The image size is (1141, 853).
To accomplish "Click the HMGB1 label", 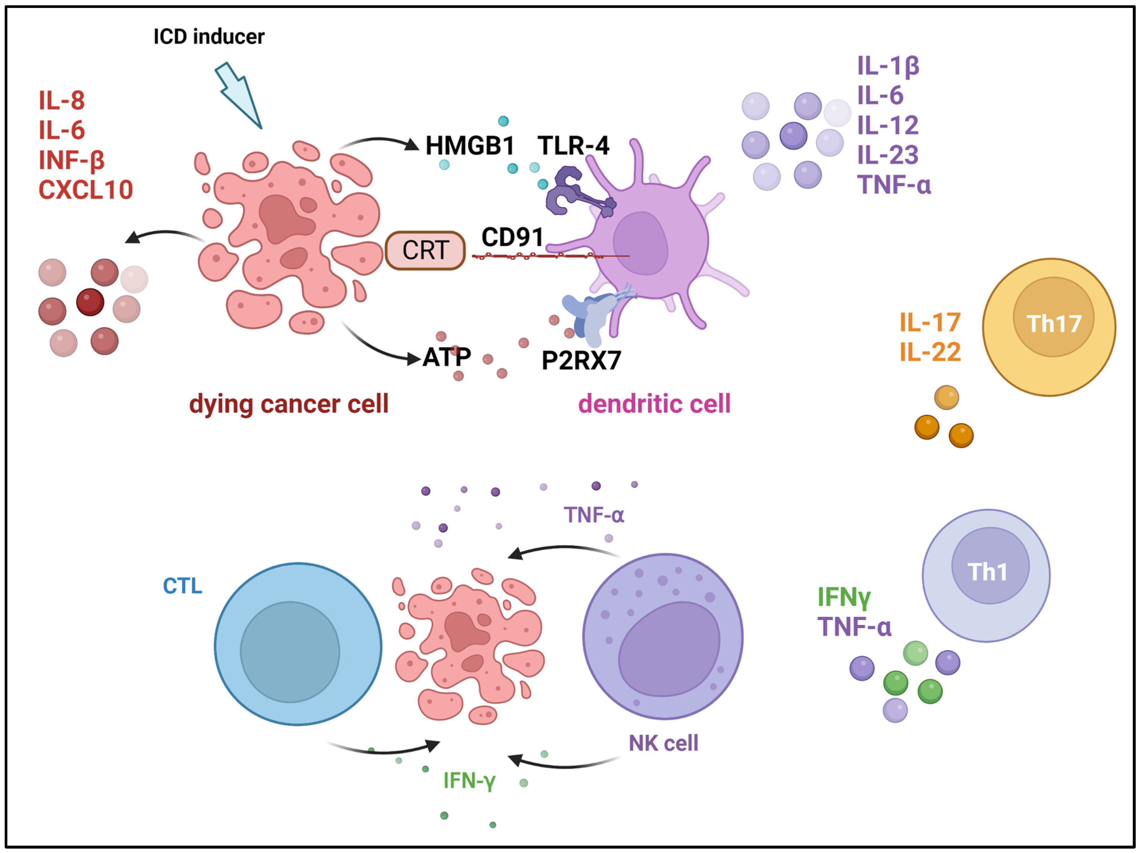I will click(469, 145).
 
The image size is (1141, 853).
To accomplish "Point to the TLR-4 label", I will click(573, 145).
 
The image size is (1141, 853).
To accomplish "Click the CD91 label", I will click(512, 237).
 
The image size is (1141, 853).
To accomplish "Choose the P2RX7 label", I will click(581, 360).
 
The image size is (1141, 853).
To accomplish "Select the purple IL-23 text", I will click(887, 155).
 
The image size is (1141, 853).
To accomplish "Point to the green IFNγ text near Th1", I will click(844, 597).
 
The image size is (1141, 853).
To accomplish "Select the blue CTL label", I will click(183, 586).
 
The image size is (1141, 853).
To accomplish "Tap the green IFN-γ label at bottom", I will click(469, 780).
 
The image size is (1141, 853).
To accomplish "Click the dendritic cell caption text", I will click(654, 404).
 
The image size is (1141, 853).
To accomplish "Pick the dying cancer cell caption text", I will click(288, 404).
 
